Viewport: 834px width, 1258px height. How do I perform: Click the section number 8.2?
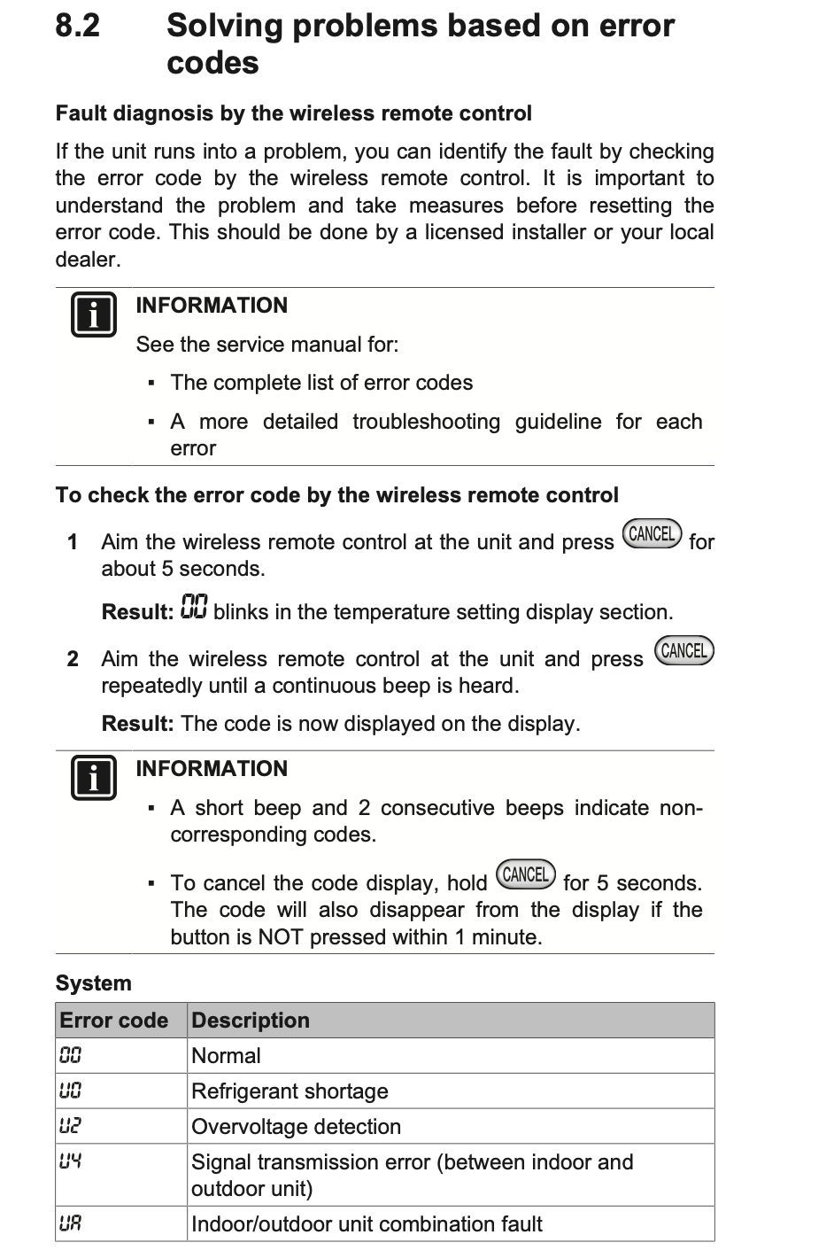click(78, 26)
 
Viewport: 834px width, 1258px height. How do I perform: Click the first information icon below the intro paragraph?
click(93, 314)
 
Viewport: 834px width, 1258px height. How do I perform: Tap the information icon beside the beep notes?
click(93, 778)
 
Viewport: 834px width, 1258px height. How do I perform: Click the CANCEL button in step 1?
click(653, 534)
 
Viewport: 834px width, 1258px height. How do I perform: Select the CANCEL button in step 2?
click(684, 651)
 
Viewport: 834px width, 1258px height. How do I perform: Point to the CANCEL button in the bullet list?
click(526, 874)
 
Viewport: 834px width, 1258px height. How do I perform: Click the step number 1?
click(73, 541)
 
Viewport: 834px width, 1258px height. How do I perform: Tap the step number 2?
click(73, 659)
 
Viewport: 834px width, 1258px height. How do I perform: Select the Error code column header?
click(114, 1021)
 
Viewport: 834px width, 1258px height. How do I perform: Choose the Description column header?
click(251, 1021)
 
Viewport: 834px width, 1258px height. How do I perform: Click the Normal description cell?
click(227, 1056)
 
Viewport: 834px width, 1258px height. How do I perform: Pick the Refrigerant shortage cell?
click(290, 1091)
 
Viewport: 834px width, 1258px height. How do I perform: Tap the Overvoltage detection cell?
click(297, 1127)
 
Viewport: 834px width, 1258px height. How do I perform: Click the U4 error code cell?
click(71, 1161)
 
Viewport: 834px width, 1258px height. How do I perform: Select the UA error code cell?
click(71, 1224)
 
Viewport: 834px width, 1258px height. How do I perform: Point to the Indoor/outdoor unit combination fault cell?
click(367, 1224)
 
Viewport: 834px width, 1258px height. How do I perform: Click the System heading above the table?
click(94, 983)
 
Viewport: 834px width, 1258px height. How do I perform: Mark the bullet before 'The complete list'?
click(151, 383)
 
